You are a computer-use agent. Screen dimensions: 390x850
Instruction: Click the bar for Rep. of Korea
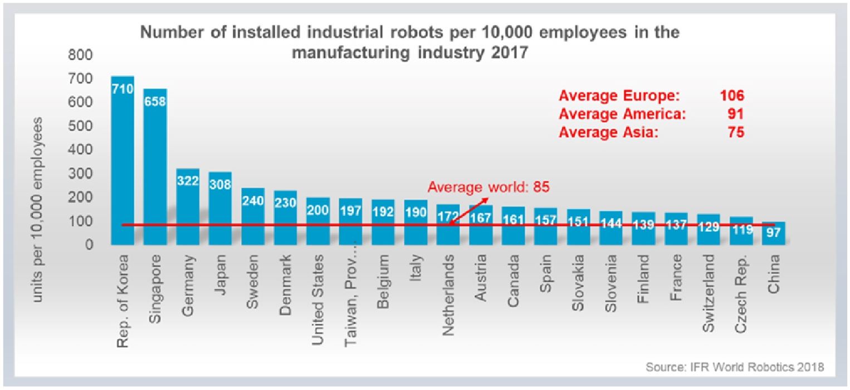point(122,162)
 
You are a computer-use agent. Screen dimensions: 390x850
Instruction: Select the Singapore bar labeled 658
point(155,167)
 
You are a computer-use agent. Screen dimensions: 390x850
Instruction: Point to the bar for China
point(773,233)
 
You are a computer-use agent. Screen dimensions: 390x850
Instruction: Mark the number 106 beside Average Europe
point(731,95)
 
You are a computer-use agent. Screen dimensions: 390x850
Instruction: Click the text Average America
point(622,114)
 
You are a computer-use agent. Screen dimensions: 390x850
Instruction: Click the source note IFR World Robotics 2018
point(734,367)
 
